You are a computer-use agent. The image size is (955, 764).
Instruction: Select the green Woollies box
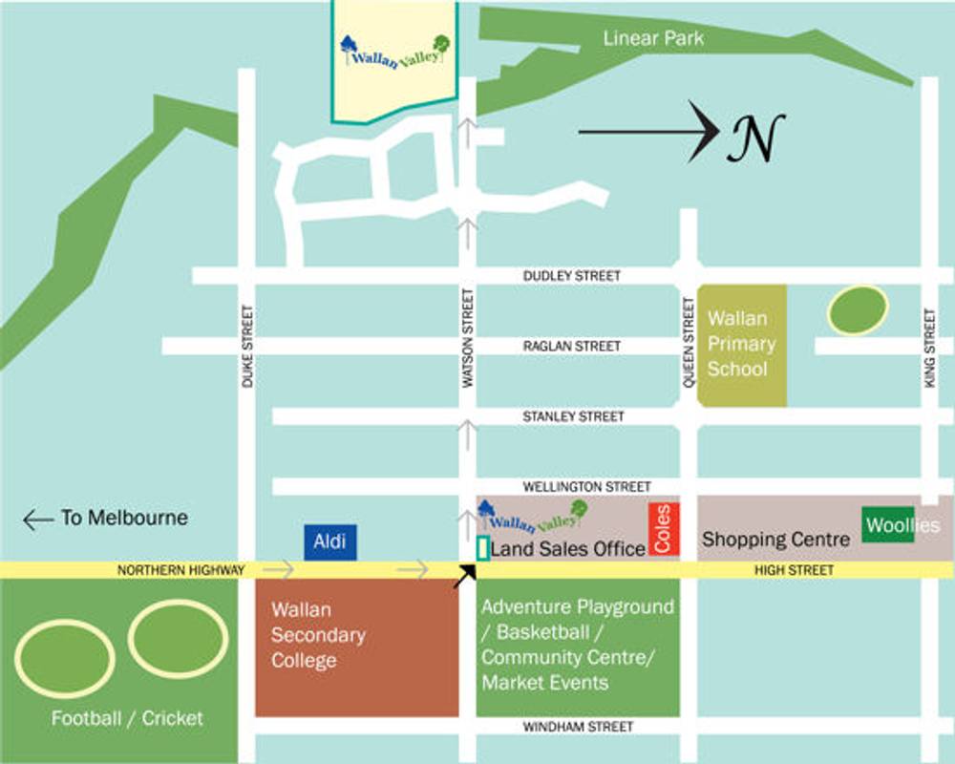pyautogui.click(x=888, y=525)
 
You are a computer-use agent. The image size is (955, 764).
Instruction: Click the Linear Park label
pyautogui.click(x=653, y=38)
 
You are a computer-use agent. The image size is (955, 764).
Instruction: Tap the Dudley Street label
pyautogui.click(x=571, y=275)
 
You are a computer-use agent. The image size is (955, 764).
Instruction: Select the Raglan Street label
pyautogui.click(x=571, y=346)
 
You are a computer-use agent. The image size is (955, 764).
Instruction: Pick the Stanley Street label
pyautogui.click(x=573, y=416)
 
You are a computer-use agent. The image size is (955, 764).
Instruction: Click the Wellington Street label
pyautogui.click(x=575, y=486)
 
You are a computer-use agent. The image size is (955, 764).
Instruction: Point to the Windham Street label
pyautogui.click(x=577, y=727)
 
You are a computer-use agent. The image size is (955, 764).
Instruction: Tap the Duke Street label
pyautogui.click(x=247, y=346)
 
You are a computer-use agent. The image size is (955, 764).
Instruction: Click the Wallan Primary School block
pyautogui.click(x=742, y=345)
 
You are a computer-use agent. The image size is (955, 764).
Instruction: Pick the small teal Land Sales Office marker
pyautogui.click(x=482, y=549)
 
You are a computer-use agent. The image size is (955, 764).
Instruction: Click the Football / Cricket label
pyautogui.click(x=127, y=718)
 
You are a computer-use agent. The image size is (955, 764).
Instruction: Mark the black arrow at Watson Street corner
pyautogui.click(x=465, y=573)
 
